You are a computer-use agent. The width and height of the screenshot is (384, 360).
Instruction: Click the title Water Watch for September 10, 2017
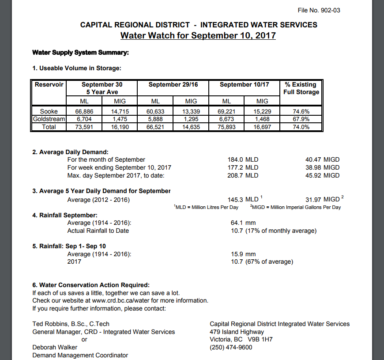[198, 35]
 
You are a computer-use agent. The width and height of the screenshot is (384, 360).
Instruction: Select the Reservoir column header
[49, 84]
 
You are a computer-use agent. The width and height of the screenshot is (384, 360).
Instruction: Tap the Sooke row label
[49, 112]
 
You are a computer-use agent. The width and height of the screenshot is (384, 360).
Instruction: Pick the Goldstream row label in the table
[49, 119]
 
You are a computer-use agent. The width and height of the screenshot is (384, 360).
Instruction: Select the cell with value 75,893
[227, 127]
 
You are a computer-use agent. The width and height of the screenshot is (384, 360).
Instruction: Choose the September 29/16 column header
[173, 84]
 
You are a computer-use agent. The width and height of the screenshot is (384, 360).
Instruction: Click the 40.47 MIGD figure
[322, 159]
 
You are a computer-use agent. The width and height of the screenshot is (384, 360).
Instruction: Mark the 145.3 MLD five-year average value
[243, 200]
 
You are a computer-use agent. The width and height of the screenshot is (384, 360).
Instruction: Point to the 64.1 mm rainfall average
[243, 223]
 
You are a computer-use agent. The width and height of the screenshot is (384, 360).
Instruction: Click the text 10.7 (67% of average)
[262, 262]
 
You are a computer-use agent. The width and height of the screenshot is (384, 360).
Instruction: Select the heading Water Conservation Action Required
[91, 285]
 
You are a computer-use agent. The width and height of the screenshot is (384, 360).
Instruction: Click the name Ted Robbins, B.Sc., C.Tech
[71, 324]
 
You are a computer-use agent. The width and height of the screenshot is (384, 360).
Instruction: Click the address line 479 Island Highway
[237, 332]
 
